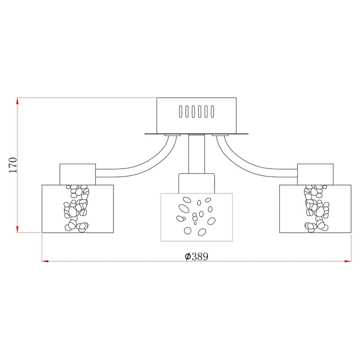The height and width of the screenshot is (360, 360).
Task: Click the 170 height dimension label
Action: tap(13, 165)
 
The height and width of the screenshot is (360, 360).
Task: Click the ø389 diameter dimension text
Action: tap(197, 256)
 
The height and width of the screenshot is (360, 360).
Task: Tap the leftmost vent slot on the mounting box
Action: tap(181, 112)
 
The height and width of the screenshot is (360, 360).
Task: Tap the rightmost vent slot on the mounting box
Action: tap(212, 112)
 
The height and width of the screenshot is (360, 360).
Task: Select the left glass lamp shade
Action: tap(77, 209)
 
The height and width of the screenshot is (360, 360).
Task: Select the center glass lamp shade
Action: tap(197, 217)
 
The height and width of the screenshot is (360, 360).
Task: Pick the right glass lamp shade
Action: tap(315, 209)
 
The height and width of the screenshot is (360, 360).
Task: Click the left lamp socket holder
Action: tap(77, 175)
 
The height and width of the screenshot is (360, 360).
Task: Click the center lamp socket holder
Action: tap(197, 183)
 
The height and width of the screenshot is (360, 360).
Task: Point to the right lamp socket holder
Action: tap(315, 175)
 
